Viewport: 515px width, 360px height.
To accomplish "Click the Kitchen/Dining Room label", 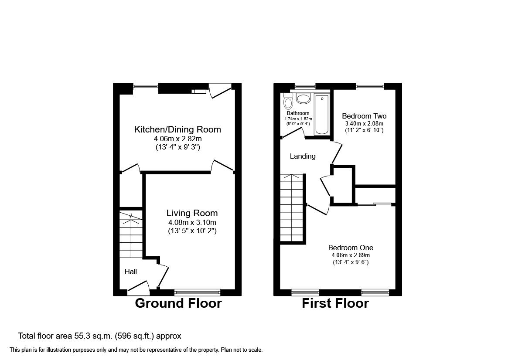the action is point(177,129).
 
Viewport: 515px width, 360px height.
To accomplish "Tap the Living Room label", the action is point(192,213).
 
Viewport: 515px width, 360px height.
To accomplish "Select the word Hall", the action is point(131,272).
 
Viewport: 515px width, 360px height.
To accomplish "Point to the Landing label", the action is point(303,156).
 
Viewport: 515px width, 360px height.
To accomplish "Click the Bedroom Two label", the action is point(364,116).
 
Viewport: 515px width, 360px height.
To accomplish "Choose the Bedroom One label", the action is point(351,248).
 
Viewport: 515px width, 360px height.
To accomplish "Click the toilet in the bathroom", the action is point(288,101).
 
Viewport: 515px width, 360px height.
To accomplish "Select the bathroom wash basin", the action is point(303,98).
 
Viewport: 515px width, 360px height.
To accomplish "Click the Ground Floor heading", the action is point(178,303).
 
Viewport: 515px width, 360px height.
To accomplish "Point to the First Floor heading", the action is point(335,303).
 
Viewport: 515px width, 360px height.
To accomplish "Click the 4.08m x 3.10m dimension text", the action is point(192,223).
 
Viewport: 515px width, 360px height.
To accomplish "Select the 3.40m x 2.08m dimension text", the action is point(364,123).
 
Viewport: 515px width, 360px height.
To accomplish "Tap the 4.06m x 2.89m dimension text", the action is point(351,255).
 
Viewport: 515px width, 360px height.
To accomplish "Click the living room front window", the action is point(198,292).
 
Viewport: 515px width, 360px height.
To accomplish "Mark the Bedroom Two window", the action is point(370,86).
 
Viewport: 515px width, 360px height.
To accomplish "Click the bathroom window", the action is point(305,86).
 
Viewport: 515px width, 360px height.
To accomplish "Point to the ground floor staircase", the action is point(131,234).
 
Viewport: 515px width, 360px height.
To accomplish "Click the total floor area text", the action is point(99,336).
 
